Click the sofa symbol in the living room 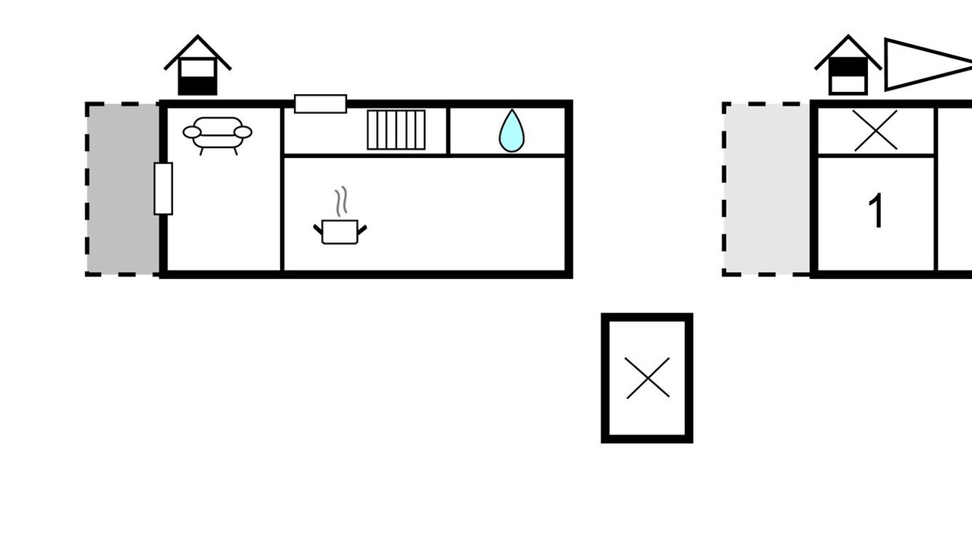(x=217, y=133)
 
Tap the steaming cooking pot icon (x=339, y=231)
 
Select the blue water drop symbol (x=511, y=131)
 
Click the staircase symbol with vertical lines (x=396, y=130)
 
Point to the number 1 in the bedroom (x=876, y=211)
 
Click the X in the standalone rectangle (x=648, y=378)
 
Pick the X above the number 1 (x=876, y=131)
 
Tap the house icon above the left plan (x=197, y=67)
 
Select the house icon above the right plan (x=847, y=67)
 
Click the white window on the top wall (x=320, y=103)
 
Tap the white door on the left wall (x=163, y=188)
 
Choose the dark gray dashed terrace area (x=122, y=188)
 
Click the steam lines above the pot (x=342, y=201)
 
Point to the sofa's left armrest (x=192, y=133)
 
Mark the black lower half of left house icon (x=197, y=85)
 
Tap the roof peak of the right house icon (x=847, y=37)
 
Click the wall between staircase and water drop (x=449, y=131)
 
